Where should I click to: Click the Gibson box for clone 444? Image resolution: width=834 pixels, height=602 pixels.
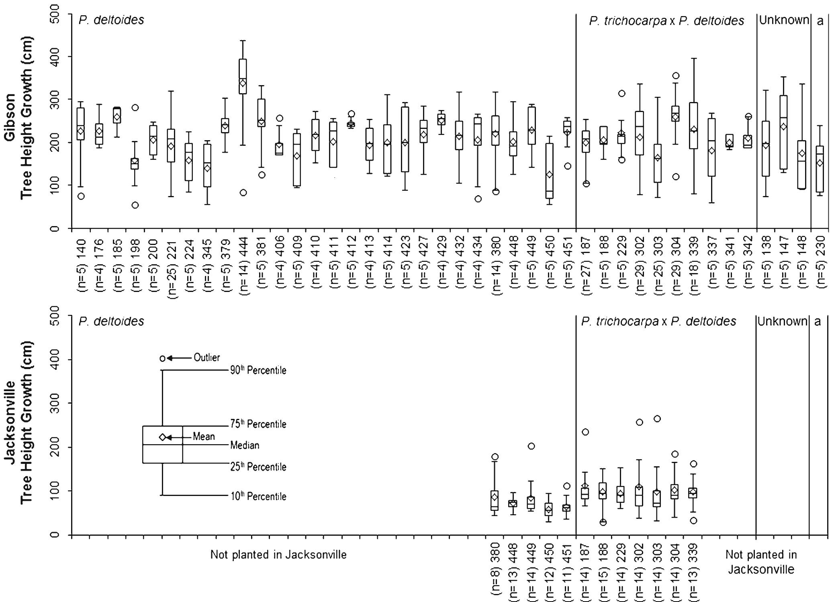[243, 76]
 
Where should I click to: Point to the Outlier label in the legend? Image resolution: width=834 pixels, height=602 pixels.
[206, 357]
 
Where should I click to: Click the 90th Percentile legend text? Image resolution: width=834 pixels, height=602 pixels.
[258, 370]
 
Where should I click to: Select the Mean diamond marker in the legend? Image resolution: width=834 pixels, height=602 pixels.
[163, 437]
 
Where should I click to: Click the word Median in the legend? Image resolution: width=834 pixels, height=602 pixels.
[245, 445]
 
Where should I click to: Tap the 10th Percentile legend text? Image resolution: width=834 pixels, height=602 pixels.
[258, 496]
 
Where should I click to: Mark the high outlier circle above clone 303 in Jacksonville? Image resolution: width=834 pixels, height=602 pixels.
[657, 419]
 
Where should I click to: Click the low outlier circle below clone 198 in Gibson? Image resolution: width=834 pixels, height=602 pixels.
[135, 205]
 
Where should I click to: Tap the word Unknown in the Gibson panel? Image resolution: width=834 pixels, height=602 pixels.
[783, 20]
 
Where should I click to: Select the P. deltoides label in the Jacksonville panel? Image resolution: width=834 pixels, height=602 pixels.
[111, 321]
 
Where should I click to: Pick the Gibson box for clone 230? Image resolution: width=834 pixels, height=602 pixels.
[820, 169]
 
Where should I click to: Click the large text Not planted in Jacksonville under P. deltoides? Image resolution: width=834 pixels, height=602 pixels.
[278, 555]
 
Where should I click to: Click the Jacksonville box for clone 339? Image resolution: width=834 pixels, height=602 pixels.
[693, 493]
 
